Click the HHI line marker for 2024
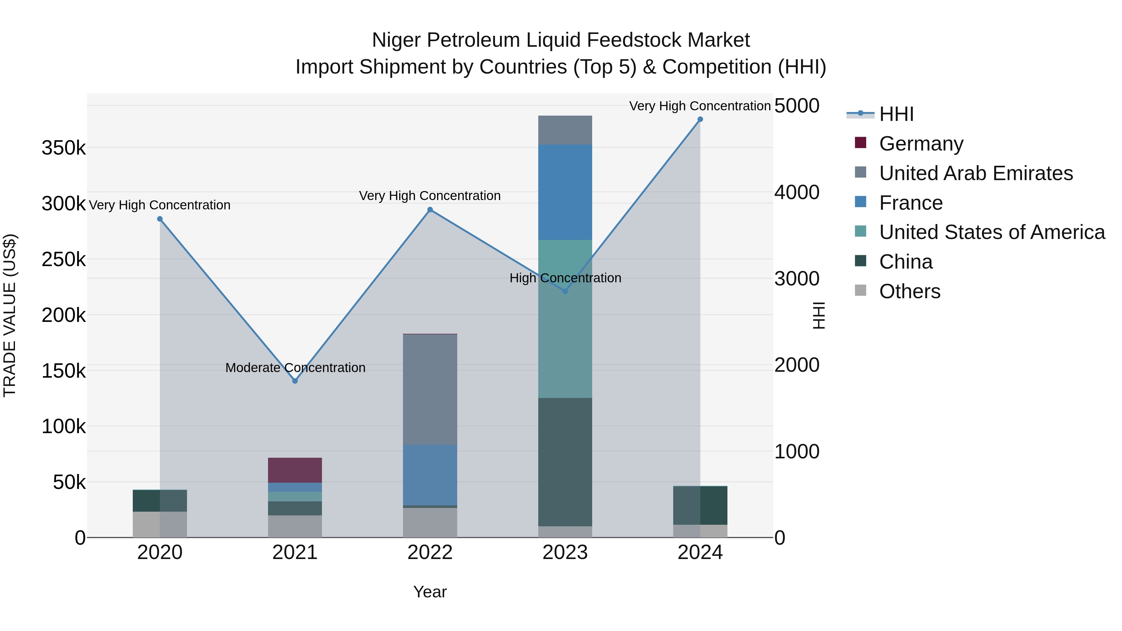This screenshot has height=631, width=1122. (x=700, y=119)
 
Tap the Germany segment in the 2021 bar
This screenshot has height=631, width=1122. (x=295, y=470)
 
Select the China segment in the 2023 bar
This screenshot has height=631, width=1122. (x=565, y=461)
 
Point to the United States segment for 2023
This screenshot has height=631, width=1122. (x=565, y=319)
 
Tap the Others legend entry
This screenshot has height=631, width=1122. (x=909, y=291)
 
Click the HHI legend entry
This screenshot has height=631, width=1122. (x=896, y=114)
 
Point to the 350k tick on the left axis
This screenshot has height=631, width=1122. (x=64, y=148)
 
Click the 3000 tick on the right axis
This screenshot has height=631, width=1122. (x=797, y=279)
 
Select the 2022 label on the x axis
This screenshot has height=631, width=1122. (x=430, y=552)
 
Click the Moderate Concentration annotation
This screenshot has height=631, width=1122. (x=295, y=368)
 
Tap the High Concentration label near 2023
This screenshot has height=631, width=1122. (x=565, y=278)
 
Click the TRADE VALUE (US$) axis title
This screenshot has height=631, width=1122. (x=10, y=315)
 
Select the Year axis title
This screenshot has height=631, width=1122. (x=430, y=592)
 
